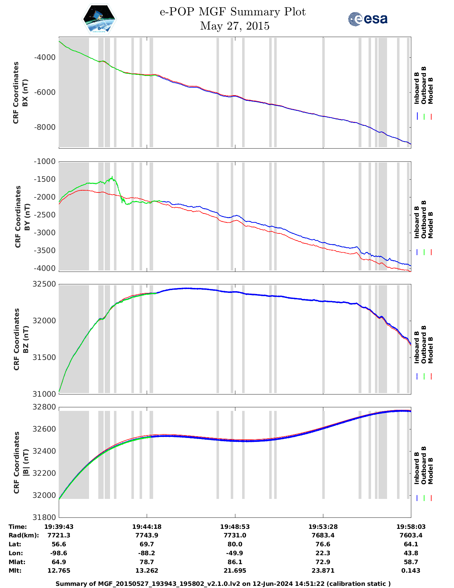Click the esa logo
click(x=368, y=19)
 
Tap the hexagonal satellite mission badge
click(x=99, y=19)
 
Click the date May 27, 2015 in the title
click(x=235, y=26)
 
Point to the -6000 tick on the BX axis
click(x=45, y=92)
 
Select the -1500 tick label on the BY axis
click(x=45, y=179)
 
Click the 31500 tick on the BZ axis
click(x=45, y=357)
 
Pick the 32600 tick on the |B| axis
click(x=45, y=429)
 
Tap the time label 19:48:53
click(x=235, y=527)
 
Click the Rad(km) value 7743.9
click(x=147, y=535)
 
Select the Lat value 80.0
click(x=235, y=544)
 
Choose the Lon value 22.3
click(x=323, y=553)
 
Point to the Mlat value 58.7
click(x=411, y=562)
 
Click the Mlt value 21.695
click(x=235, y=571)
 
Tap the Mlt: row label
click(x=15, y=571)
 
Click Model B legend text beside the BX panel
click(x=430, y=91)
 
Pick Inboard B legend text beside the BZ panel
click(x=417, y=347)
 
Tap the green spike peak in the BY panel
click(x=112, y=177)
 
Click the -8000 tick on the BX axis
click(x=45, y=127)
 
